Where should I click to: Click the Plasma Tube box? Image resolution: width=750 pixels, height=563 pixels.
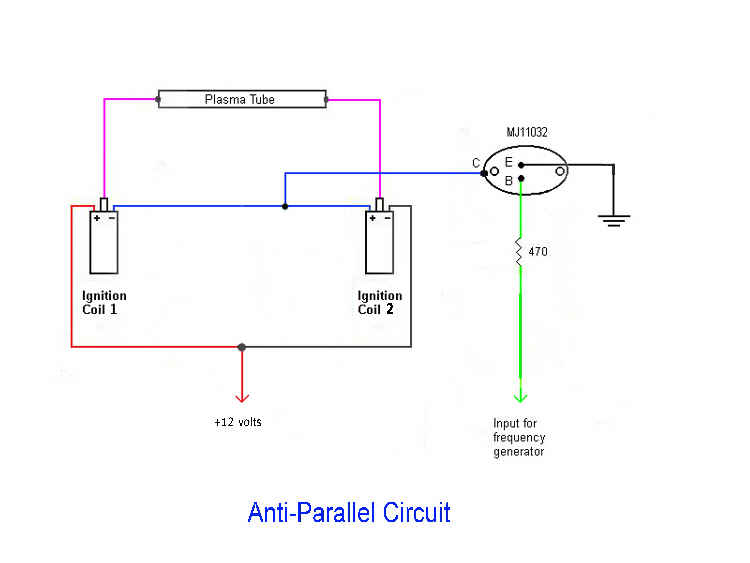pyautogui.click(x=242, y=99)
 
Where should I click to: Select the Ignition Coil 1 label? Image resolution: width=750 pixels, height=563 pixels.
pyautogui.click(x=104, y=302)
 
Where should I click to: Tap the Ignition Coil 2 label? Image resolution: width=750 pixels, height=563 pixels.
pyautogui.click(x=380, y=302)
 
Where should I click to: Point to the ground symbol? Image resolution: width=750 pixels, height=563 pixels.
pyautogui.click(x=612, y=218)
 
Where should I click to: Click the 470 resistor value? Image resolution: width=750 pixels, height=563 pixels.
pyautogui.click(x=537, y=252)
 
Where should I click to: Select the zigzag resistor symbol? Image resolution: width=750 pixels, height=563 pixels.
pyautogui.click(x=520, y=252)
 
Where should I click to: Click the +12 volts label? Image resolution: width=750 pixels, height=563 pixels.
pyautogui.click(x=238, y=423)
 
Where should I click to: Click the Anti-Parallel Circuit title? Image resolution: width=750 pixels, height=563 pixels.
pyautogui.click(x=349, y=513)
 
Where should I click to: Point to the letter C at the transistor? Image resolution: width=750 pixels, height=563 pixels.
pyautogui.click(x=476, y=163)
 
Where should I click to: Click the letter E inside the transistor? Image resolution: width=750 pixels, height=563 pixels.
pyautogui.click(x=508, y=162)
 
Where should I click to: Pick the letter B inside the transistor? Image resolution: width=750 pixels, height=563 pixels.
pyautogui.click(x=508, y=181)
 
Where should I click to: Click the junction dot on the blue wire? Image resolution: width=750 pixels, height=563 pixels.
pyautogui.click(x=285, y=207)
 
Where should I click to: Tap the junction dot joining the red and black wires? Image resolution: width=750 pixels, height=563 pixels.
pyautogui.click(x=241, y=347)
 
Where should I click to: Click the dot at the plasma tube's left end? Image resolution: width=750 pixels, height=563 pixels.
pyautogui.click(x=159, y=99)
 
